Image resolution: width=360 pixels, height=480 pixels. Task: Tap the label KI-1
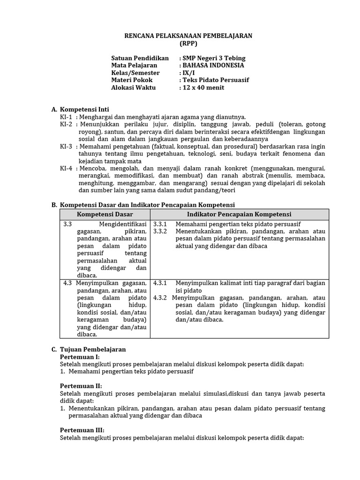click(66, 117)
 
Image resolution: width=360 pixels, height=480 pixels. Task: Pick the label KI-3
click(66, 146)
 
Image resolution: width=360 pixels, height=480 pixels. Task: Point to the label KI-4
click(66, 168)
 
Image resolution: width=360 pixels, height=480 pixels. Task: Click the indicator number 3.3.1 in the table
click(160, 225)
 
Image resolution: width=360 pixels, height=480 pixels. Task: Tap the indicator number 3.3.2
click(160, 232)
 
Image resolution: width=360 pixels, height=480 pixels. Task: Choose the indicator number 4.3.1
click(160, 283)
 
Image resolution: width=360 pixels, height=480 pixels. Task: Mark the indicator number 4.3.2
click(160, 298)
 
